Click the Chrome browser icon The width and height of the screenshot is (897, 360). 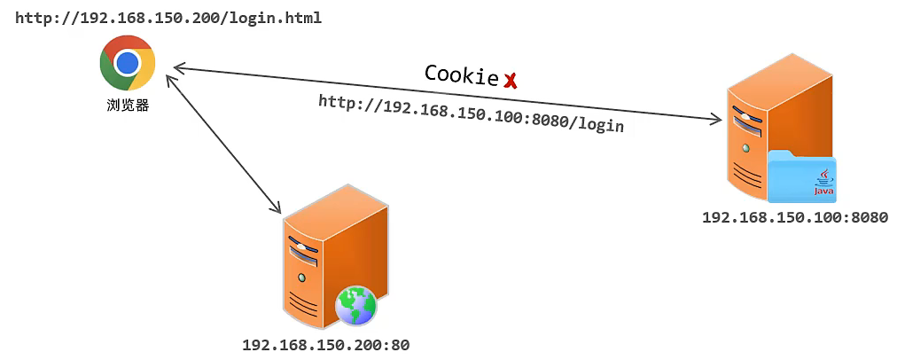click(128, 63)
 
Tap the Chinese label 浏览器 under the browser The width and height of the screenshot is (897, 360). click(128, 106)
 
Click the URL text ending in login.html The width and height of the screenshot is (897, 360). click(156, 18)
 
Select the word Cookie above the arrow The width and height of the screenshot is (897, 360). click(461, 74)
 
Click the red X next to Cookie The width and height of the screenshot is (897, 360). click(511, 82)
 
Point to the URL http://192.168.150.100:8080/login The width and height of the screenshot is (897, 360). click(471, 113)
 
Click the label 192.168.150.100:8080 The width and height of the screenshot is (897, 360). click(794, 217)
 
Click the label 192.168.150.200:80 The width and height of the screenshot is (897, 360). click(325, 345)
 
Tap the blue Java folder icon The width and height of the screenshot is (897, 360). click(801, 176)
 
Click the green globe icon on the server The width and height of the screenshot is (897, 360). click(355, 306)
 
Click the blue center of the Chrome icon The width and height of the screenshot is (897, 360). click(128, 63)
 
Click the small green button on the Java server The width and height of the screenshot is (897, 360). click(746, 147)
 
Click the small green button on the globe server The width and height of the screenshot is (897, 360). click(301, 278)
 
